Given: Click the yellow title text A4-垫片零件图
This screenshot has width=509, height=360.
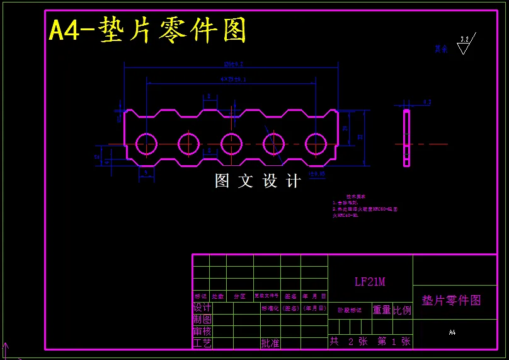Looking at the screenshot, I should [147, 30].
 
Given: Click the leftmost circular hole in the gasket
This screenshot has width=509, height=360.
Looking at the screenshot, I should [146, 144].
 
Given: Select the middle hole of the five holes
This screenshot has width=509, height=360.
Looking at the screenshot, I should [231, 144].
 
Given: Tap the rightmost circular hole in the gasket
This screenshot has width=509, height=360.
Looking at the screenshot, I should [316, 144].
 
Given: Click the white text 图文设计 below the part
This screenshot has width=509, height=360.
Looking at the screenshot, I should [258, 182].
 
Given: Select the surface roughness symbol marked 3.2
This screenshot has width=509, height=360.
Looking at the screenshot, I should [464, 45].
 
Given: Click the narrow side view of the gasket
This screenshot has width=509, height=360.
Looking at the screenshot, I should [406, 138].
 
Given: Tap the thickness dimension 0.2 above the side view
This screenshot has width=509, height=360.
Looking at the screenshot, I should [427, 102].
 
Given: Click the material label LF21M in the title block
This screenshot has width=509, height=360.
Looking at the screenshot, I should [370, 282].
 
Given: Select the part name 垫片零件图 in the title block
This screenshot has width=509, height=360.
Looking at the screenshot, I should [451, 300].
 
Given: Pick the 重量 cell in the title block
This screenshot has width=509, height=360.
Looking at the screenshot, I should [382, 310].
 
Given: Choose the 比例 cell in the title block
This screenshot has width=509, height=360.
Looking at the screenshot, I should [402, 310].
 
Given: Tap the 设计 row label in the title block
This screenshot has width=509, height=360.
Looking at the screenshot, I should [202, 308].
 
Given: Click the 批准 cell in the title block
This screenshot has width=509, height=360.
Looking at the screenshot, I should [270, 343].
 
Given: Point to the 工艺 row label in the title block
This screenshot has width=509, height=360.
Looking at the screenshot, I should [202, 343].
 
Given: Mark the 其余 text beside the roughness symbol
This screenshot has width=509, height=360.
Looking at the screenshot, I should [441, 49].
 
